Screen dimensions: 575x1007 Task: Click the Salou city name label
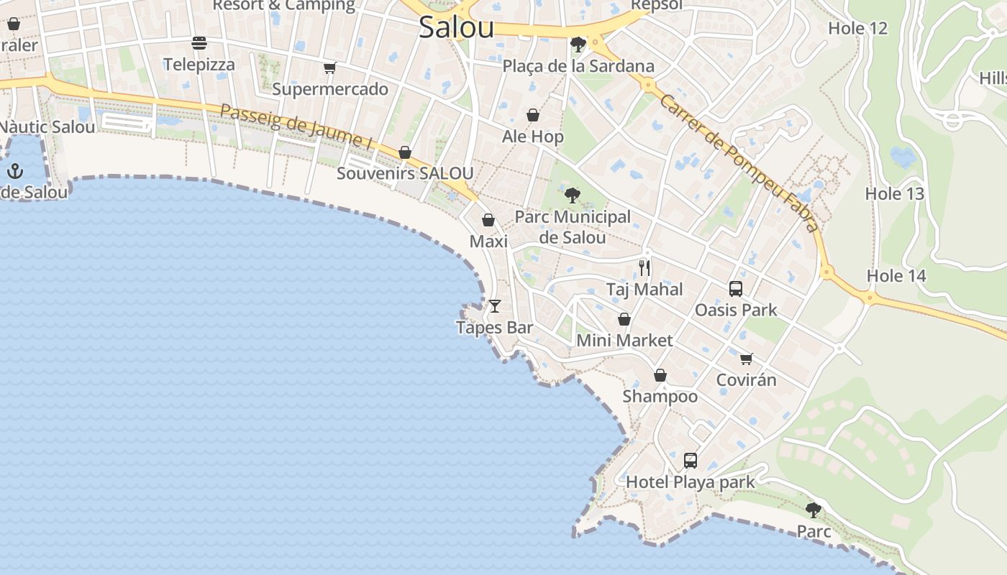[x=456, y=28]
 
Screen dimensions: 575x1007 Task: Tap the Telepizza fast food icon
[x=199, y=43]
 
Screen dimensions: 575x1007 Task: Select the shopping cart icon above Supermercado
[x=329, y=68]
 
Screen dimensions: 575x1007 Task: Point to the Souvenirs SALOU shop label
[x=405, y=173]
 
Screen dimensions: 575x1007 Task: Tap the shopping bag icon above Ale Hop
[x=533, y=115]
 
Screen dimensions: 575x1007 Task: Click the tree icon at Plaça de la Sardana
[x=578, y=45]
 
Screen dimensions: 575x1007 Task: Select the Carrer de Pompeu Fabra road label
[x=739, y=163]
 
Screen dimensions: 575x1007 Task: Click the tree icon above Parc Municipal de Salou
[x=573, y=195]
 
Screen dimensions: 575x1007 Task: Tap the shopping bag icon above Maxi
[x=488, y=220]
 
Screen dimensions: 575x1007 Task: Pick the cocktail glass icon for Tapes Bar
[x=495, y=306]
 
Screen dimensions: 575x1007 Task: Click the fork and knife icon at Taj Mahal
[x=644, y=268]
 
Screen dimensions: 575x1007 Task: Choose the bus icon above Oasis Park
[x=736, y=289]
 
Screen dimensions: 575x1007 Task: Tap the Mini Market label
[x=624, y=340]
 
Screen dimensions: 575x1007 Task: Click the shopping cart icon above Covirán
[x=747, y=358]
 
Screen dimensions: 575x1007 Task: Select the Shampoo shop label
[x=660, y=396]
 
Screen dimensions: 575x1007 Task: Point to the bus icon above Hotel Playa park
[x=691, y=461]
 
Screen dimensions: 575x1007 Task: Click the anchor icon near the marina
[x=15, y=171]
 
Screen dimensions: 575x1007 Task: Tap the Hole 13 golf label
[x=894, y=193]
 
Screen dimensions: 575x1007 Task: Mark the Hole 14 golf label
[x=896, y=276]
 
